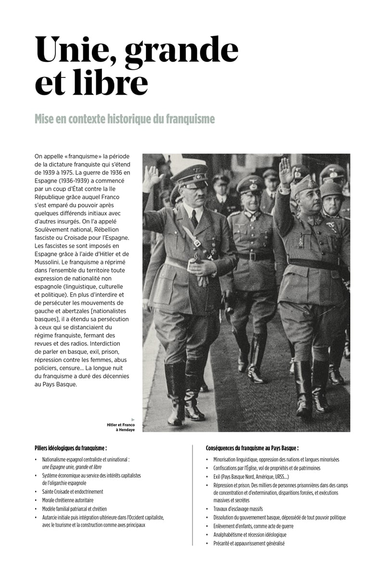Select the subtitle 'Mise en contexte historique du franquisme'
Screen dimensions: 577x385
coord(125,118)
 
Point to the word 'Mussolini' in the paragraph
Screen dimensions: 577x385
coord(53,263)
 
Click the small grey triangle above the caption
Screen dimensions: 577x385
coord(133,419)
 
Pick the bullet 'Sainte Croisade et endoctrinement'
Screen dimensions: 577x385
coord(73,491)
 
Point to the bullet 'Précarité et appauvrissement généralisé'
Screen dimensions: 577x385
coord(249,543)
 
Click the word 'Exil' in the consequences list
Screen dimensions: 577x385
coord(218,477)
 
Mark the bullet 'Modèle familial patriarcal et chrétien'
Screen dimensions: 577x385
coord(74,509)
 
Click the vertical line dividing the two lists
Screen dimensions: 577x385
coord(192,495)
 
